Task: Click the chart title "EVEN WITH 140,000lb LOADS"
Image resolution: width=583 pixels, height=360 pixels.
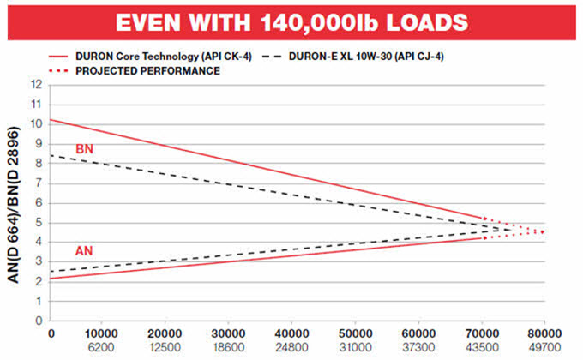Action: click(291, 21)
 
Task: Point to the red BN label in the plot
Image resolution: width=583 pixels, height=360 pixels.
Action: click(83, 149)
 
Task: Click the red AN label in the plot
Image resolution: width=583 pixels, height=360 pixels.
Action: click(83, 249)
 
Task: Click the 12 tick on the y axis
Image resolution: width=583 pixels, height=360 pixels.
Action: click(37, 85)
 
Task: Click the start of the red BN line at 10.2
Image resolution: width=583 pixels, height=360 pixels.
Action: click(53, 120)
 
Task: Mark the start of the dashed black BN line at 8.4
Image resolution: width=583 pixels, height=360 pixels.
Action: click(53, 155)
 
